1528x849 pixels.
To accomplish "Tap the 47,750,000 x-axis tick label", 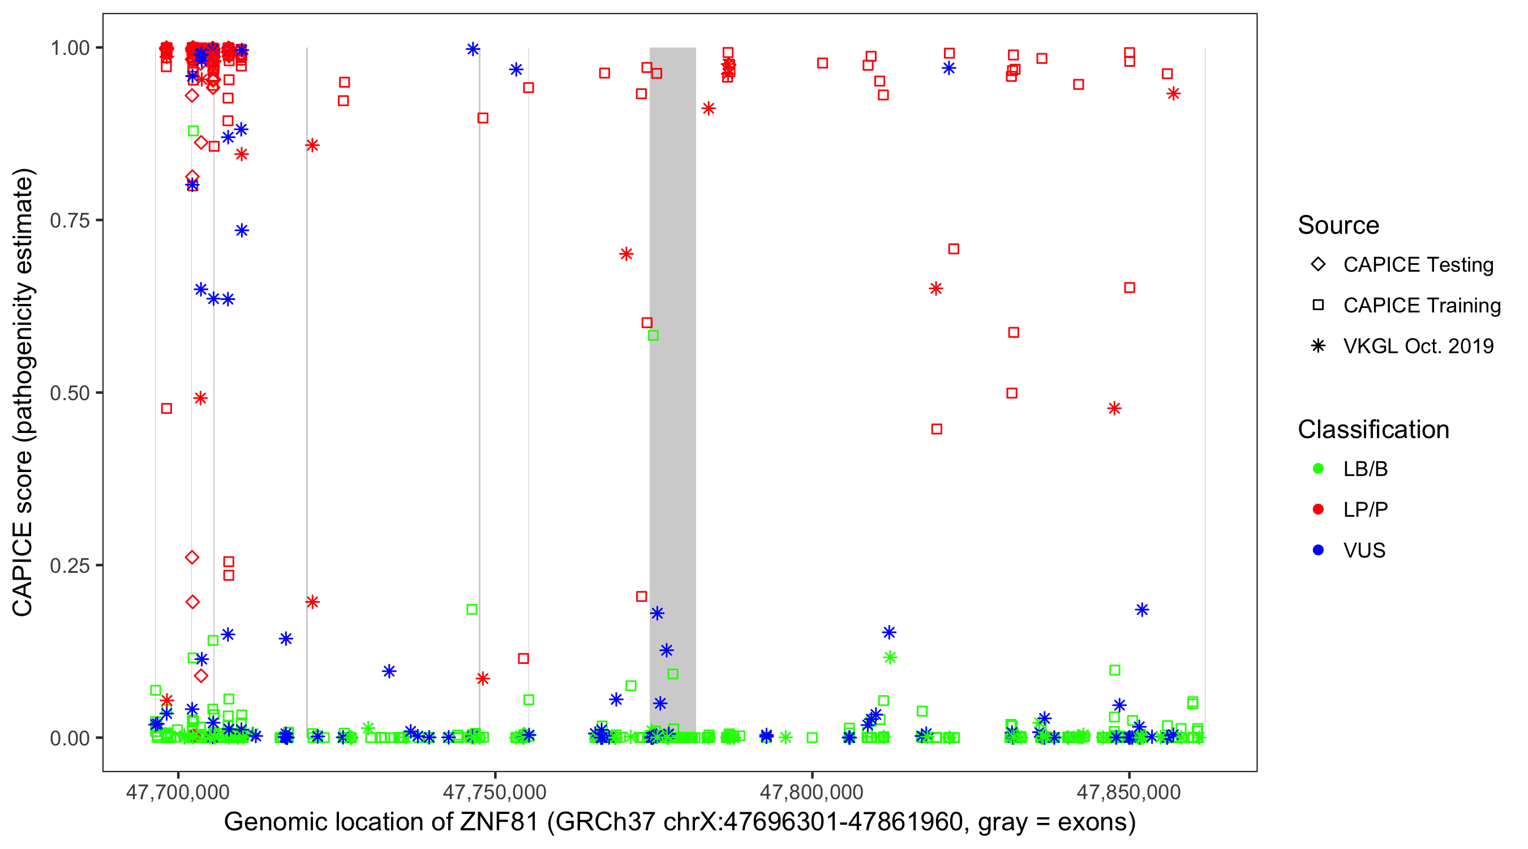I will click(x=495, y=792).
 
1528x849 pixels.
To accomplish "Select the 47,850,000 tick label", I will click(x=1128, y=792).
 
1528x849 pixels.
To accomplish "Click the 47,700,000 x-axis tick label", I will click(x=178, y=792).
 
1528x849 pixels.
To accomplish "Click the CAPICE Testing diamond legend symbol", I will click(x=1318, y=265).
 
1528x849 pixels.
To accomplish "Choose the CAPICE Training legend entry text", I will click(x=1422, y=306).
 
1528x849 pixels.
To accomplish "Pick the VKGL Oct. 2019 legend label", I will click(x=1418, y=346).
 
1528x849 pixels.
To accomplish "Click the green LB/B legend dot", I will click(x=1318, y=469).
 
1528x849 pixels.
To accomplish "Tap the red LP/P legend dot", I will click(x=1318, y=509).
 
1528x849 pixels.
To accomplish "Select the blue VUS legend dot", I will click(x=1318, y=551).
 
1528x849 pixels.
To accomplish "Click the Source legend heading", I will click(x=1338, y=225).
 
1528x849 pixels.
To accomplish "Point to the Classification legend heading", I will click(x=1373, y=430).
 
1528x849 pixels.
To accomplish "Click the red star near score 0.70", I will click(x=626, y=255).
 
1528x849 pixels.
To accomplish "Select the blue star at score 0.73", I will click(x=242, y=231).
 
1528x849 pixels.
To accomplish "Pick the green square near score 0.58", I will click(x=653, y=336).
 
